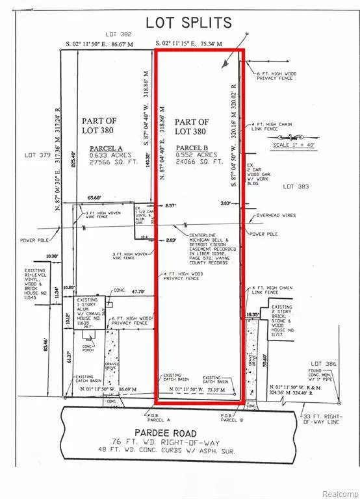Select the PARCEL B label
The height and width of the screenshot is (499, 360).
click(x=192, y=147)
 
